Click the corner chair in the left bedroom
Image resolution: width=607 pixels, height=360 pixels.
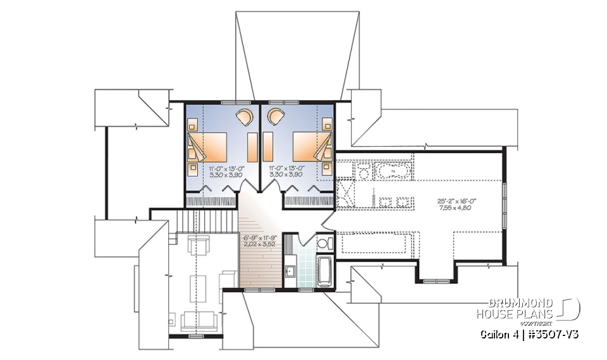[243, 118]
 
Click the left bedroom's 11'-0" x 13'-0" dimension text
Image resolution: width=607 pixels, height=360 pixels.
[223, 168]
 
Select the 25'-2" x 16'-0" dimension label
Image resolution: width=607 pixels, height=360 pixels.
[456, 201]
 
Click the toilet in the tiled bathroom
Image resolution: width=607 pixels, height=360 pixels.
[321, 244]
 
